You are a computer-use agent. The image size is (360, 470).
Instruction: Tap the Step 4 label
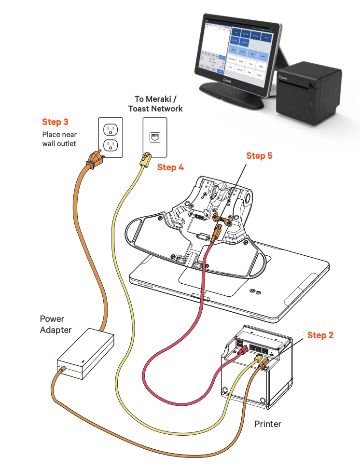pyautogui.click(x=170, y=167)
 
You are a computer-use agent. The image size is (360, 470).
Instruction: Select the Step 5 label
pyautogui.click(x=260, y=156)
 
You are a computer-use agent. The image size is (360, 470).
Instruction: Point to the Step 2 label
pyautogui.click(x=320, y=335)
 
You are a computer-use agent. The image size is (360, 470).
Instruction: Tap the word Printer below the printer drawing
pyautogui.click(x=268, y=424)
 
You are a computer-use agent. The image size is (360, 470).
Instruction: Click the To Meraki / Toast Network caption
pyautogui.click(x=155, y=104)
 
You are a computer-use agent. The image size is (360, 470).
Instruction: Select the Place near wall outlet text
pyautogui.click(x=59, y=139)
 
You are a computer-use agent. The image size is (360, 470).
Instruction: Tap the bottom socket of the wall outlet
pyautogui.click(x=111, y=146)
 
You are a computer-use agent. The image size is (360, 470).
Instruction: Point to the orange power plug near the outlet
pyautogui.click(x=95, y=160)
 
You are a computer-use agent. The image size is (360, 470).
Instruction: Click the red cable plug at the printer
pyautogui.click(x=243, y=350)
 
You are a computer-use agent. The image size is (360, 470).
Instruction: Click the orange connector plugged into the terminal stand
pyautogui.click(x=217, y=232)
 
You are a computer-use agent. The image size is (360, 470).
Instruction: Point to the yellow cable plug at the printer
pyautogui.click(x=258, y=359)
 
